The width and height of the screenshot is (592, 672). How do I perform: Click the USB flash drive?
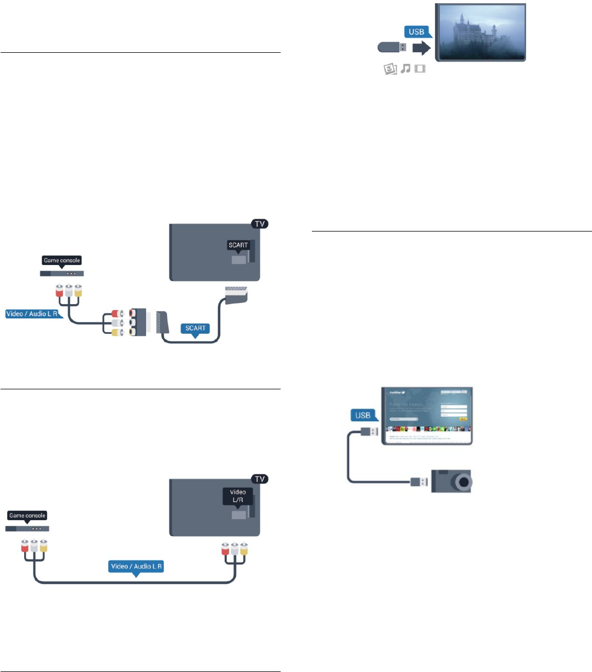[x=392, y=48]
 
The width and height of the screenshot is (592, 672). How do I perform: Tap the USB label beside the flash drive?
[x=416, y=32]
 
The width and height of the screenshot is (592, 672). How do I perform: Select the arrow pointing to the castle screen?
[x=422, y=48]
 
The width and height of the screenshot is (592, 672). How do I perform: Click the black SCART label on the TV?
[x=238, y=245]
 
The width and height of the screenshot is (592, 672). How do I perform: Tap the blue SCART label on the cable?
[x=195, y=328]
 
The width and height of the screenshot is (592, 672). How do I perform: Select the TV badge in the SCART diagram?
[x=260, y=224]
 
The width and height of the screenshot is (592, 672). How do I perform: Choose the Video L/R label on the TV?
[x=238, y=495]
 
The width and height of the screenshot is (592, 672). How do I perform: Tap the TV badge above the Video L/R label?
[x=260, y=479]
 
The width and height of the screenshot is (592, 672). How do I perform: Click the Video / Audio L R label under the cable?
[x=137, y=566]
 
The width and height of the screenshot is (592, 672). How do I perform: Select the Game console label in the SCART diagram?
[x=62, y=260]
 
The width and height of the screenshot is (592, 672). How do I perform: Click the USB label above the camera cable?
[x=363, y=415]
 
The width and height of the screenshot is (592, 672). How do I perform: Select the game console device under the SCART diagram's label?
[x=62, y=273]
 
